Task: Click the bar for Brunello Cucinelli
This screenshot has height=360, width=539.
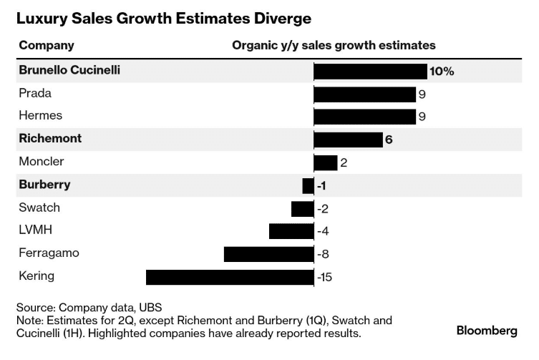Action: click(x=370, y=71)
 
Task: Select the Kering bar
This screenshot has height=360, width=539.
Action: click(x=230, y=277)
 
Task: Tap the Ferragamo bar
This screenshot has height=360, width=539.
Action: click(x=268, y=254)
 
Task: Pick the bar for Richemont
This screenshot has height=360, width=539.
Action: click(x=348, y=140)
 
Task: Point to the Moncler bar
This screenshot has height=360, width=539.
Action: click(x=326, y=162)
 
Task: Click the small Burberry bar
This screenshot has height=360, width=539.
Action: click(x=309, y=185)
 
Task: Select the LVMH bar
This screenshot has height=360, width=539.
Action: click(x=291, y=231)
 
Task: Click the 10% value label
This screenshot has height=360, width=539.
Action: click(x=442, y=72)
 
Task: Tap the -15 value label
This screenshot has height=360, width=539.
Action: click(x=325, y=277)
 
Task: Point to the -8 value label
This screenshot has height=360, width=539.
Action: click(x=323, y=254)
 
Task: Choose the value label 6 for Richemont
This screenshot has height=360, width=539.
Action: click(x=389, y=140)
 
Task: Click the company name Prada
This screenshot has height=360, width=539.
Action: click(x=35, y=94)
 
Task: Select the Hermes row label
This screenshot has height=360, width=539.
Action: click(x=40, y=116)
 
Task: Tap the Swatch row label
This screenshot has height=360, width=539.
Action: click(x=39, y=208)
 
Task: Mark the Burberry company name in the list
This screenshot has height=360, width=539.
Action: click(x=44, y=185)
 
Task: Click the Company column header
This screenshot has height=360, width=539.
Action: click(x=47, y=45)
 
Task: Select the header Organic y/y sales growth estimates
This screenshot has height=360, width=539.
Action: click(x=334, y=45)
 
